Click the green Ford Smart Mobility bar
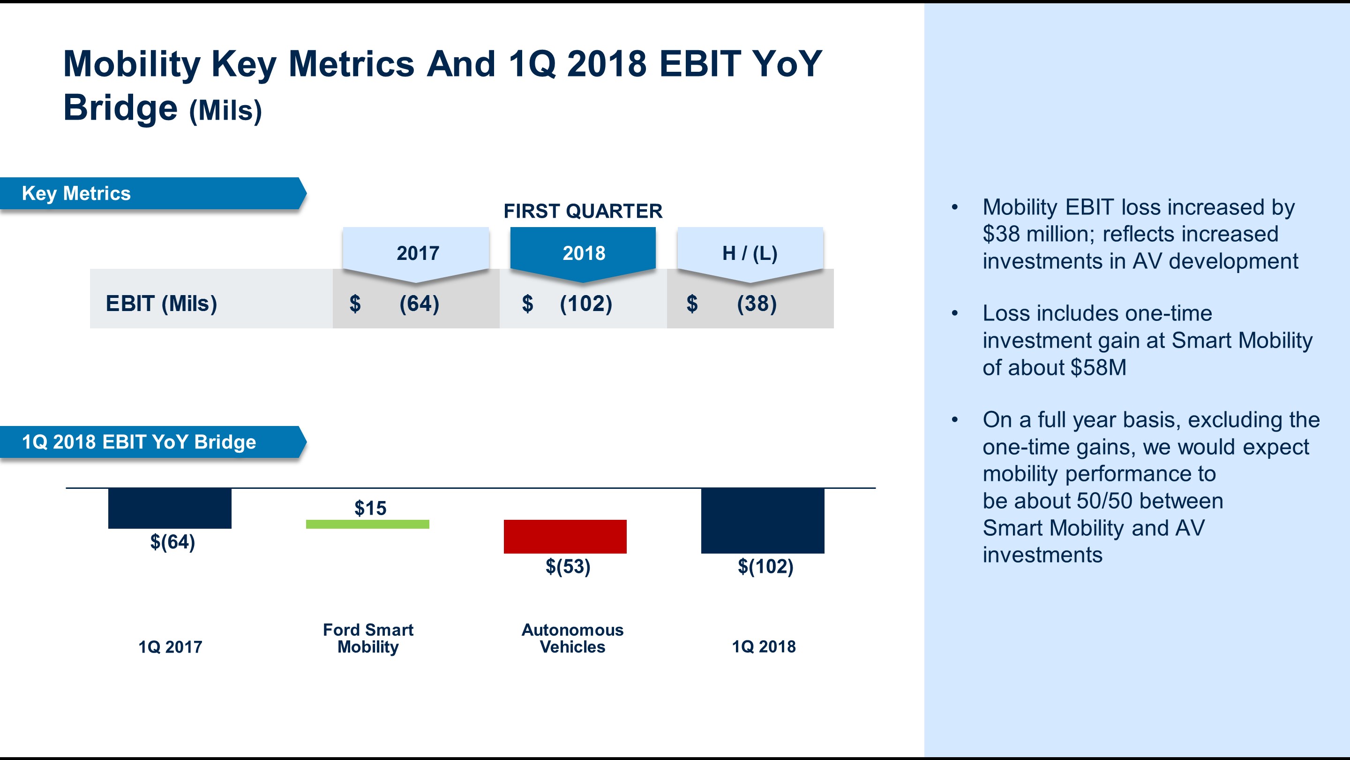click(x=367, y=524)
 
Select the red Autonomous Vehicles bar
click(x=565, y=536)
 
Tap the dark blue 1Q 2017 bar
click(x=169, y=508)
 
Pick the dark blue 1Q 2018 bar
click(x=763, y=520)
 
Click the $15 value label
click(x=370, y=508)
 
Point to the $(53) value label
click(x=568, y=566)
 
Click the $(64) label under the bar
click(x=172, y=542)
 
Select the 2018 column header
click(x=583, y=253)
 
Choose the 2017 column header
click(x=417, y=253)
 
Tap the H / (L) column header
click(x=750, y=253)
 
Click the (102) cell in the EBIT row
click(x=585, y=304)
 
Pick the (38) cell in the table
click(x=756, y=304)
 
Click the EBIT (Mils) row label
click(x=161, y=304)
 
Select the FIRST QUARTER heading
click(x=583, y=211)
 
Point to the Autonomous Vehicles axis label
click(x=572, y=638)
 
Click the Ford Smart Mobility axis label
click(x=368, y=638)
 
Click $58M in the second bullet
click(x=1098, y=368)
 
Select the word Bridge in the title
click(x=120, y=107)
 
